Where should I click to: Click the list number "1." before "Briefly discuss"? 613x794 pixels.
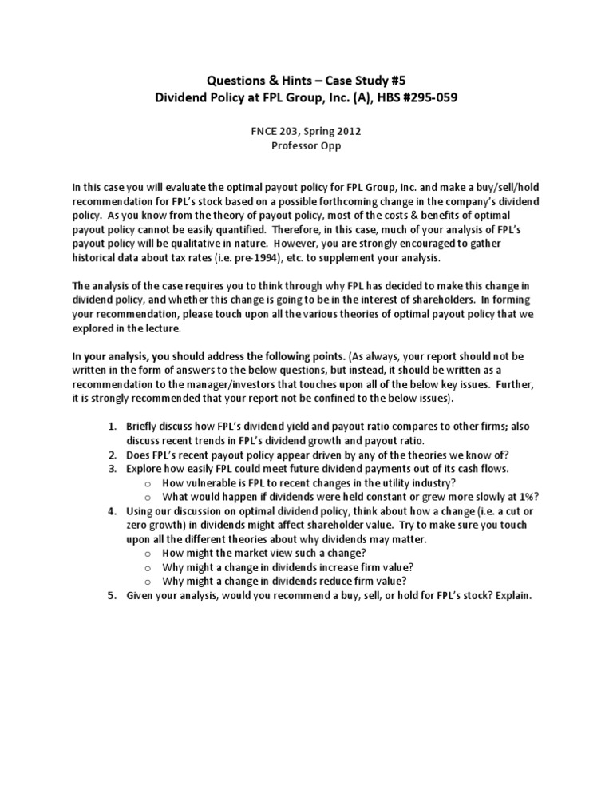click(113, 426)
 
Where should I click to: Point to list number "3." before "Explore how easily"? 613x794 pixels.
click(113, 469)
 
